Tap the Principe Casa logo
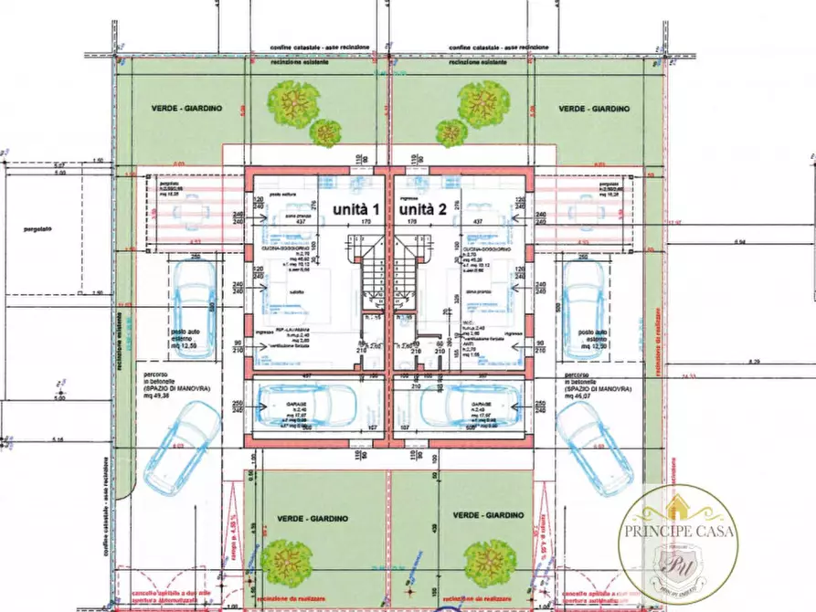click(x=677, y=543)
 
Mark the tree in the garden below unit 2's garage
click(x=490, y=557)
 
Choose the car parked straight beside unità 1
click(x=195, y=307)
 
